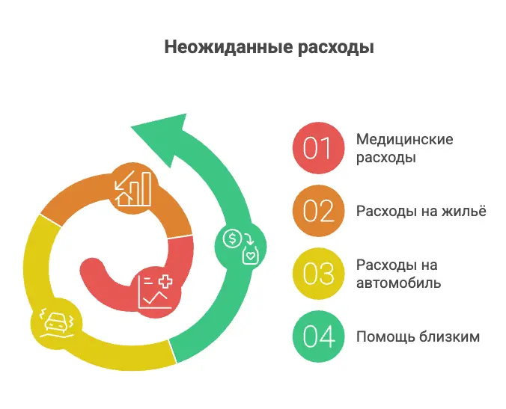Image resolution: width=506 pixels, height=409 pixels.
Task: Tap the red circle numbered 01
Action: pyautogui.click(x=317, y=148)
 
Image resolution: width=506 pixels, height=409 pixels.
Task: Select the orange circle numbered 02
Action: pyautogui.click(x=317, y=211)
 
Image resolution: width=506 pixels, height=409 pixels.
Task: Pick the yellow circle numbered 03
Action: pyautogui.click(x=317, y=274)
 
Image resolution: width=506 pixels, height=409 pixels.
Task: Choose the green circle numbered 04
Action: pyautogui.click(x=317, y=336)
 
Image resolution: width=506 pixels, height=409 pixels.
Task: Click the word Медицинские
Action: pyautogui.click(x=405, y=139)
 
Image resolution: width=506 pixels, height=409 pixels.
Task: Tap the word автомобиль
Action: pyautogui.click(x=398, y=283)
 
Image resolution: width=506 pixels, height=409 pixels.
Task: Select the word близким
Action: pyautogui.click(x=451, y=336)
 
